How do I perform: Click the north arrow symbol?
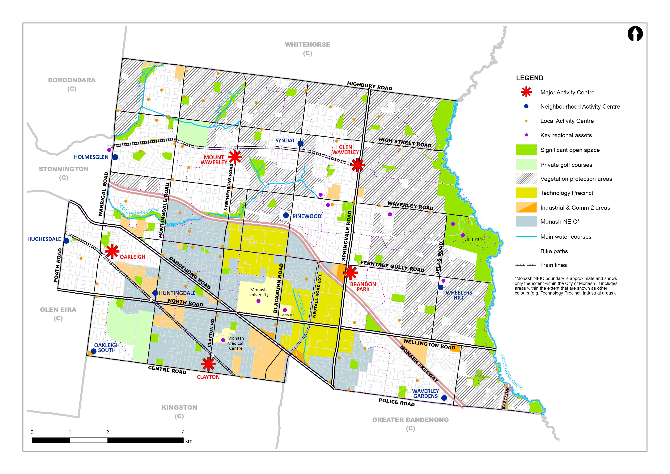(x=635, y=34)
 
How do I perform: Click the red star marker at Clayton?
(x=208, y=364)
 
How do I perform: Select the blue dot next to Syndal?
(x=300, y=143)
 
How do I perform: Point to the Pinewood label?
(x=307, y=216)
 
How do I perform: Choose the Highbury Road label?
(x=369, y=86)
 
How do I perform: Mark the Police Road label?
(x=396, y=402)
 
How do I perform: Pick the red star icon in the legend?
(x=526, y=92)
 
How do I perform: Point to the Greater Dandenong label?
(x=410, y=420)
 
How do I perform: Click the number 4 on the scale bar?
(x=183, y=432)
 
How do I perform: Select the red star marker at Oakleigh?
(x=112, y=252)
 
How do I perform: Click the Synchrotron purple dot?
(x=285, y=310)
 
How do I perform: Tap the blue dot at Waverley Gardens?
(x=444, y=398)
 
